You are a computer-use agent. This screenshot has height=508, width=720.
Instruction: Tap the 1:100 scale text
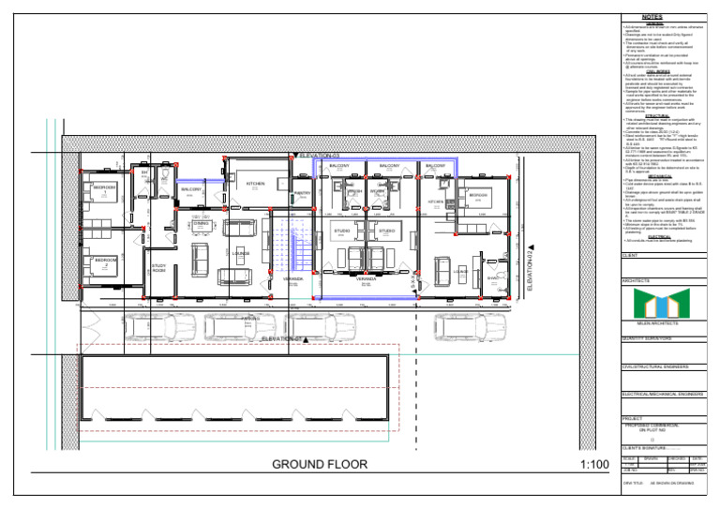595,465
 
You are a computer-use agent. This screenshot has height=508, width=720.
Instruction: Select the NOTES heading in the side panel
652,17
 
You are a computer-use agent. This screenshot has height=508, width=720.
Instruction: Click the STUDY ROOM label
159,268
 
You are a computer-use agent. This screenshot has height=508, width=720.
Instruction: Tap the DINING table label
200,224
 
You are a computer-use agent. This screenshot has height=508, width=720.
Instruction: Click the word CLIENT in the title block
632,255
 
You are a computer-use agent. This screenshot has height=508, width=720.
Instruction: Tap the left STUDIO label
342,230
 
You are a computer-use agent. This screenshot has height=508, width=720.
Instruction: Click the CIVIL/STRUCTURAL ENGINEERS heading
661,367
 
